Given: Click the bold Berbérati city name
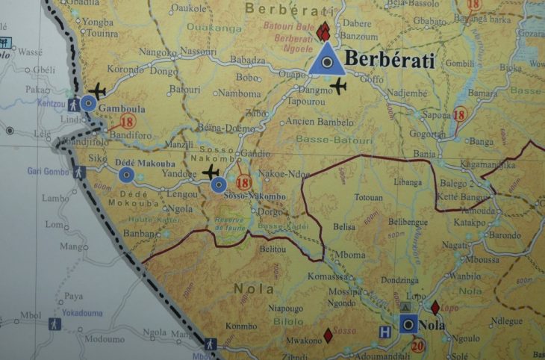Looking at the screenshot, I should [389, 61].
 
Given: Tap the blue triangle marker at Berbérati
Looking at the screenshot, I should [326, 60].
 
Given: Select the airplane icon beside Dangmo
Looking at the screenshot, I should [340, 87].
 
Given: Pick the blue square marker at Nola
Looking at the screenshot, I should [408, 323].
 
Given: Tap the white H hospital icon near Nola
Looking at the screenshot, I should [384, 331].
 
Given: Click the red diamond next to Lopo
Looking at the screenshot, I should [435, 307].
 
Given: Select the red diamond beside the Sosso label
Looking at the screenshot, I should [327, 336].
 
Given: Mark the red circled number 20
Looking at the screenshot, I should [417, 345].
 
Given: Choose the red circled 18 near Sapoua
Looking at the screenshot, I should [459, 115].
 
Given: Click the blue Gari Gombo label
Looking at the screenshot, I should [48, 171].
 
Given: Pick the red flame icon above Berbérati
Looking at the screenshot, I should [323, 32].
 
